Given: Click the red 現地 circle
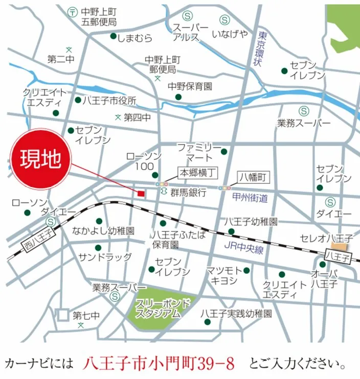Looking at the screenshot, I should (40, 160).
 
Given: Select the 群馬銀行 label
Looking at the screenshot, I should (188, 193).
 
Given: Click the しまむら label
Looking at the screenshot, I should (134, 37).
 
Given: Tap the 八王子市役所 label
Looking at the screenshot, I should (109, 100).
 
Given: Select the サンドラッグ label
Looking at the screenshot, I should (105, 257).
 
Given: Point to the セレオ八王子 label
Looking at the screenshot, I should (327, 238).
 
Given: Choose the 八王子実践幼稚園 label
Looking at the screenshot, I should (236, 313).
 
